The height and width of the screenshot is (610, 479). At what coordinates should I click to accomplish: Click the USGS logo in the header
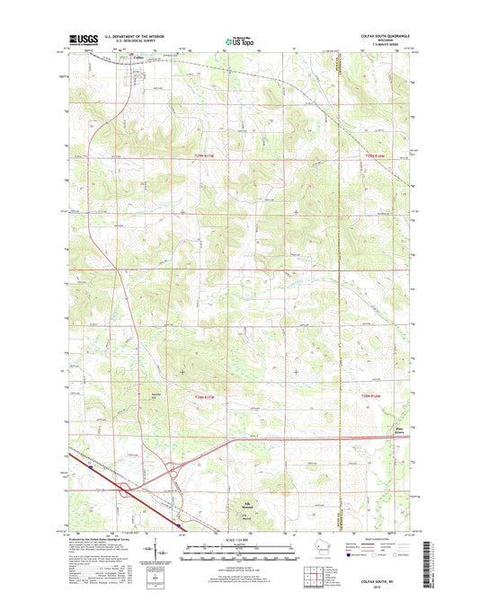81,40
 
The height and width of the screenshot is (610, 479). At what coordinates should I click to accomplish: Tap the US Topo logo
238,40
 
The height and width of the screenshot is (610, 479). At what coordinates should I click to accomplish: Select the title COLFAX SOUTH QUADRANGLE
377,36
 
